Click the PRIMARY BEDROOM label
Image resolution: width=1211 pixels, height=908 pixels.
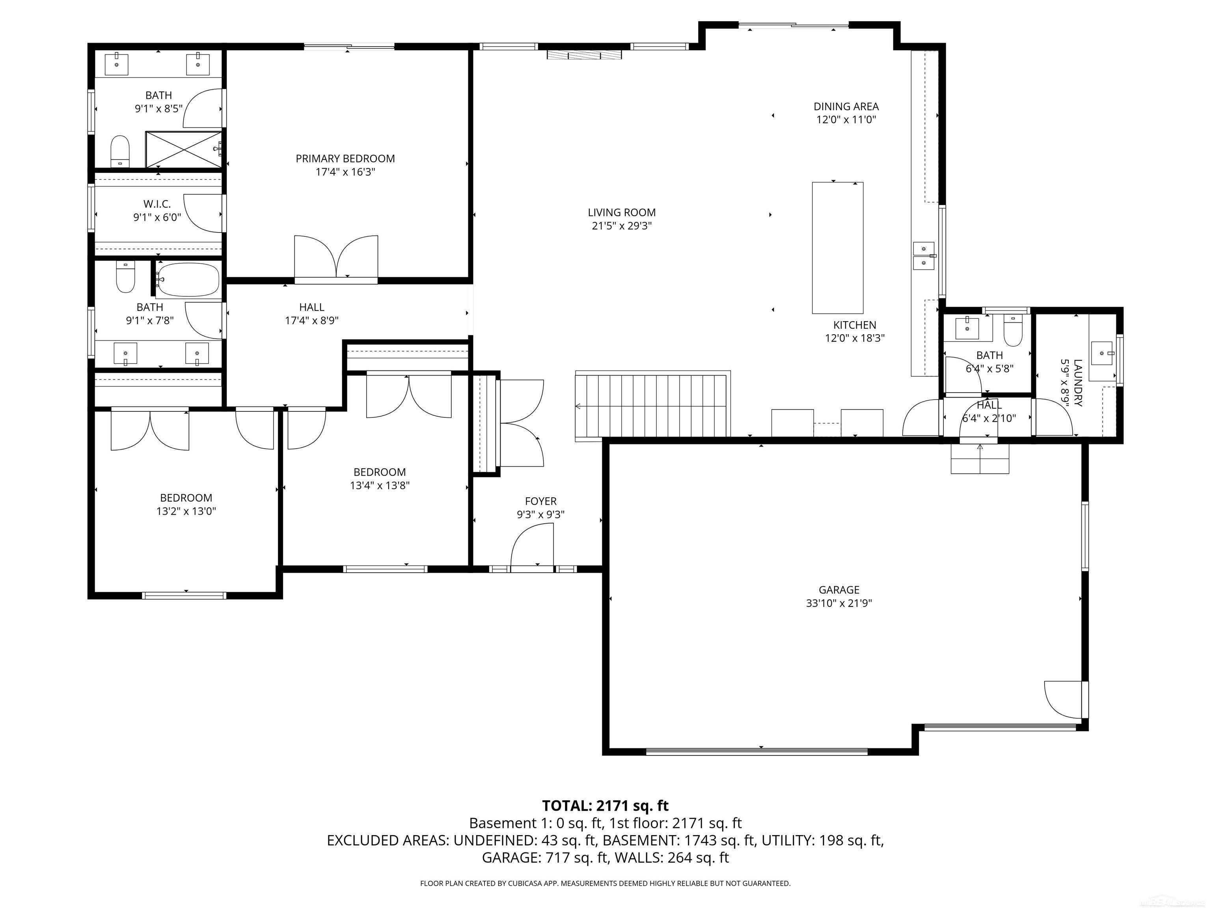tap(345, 159)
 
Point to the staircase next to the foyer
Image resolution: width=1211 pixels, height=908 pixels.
tap(652, 405)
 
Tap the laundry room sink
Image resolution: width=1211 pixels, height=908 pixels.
tap(1102, 353)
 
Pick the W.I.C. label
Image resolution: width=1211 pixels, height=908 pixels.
tap(157, 204)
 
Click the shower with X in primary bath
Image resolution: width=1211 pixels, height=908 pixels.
tap(183, 149)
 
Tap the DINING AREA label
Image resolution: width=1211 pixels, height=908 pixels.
tap(846, 107)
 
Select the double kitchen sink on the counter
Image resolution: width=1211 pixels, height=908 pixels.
tap(924, 256)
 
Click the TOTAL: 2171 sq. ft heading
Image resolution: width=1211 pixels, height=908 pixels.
tap(605, 806)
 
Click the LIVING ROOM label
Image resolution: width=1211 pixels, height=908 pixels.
tap(621, 212)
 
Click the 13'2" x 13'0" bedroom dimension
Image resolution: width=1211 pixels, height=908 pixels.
tap(186, 511)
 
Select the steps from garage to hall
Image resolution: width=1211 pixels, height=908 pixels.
tap(980, 459)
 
